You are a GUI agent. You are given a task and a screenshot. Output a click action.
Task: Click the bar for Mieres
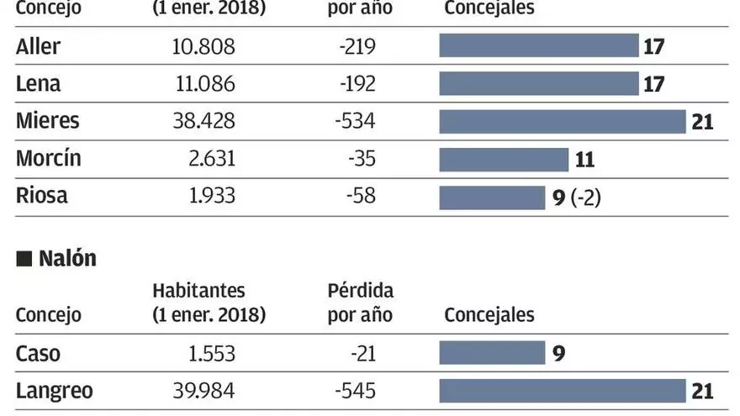point(563,122)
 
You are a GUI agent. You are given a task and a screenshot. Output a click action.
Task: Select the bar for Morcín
point(504,160)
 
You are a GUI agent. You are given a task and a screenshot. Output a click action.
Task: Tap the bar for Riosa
point(492,197)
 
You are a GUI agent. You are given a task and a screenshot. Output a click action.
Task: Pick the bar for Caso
point(492,353)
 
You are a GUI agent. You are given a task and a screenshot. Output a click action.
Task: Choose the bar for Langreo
point(563,391)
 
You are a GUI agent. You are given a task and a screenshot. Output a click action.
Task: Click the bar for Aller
point(539,45)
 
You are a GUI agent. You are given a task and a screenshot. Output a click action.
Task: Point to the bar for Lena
point(539,84)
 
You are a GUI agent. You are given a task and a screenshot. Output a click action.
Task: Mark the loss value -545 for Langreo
point(355,392)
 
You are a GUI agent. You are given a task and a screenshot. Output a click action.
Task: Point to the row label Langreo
point(55,392)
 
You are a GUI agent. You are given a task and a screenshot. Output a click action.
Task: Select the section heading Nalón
point(67,259)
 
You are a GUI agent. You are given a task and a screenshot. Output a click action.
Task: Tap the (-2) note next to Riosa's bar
point(585,198)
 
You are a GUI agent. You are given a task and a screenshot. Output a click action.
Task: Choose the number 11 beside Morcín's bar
point(584,160)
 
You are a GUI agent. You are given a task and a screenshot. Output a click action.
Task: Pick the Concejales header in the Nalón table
point(489,315)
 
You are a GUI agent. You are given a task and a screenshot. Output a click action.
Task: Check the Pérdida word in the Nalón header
point(360,291)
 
